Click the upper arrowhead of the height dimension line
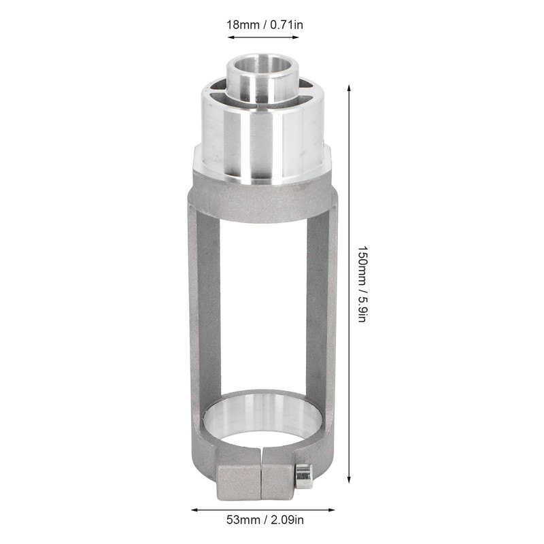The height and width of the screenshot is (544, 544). point(349,89)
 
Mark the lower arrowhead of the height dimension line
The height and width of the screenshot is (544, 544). point(349,477)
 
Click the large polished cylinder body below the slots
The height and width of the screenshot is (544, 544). point(262,143)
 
